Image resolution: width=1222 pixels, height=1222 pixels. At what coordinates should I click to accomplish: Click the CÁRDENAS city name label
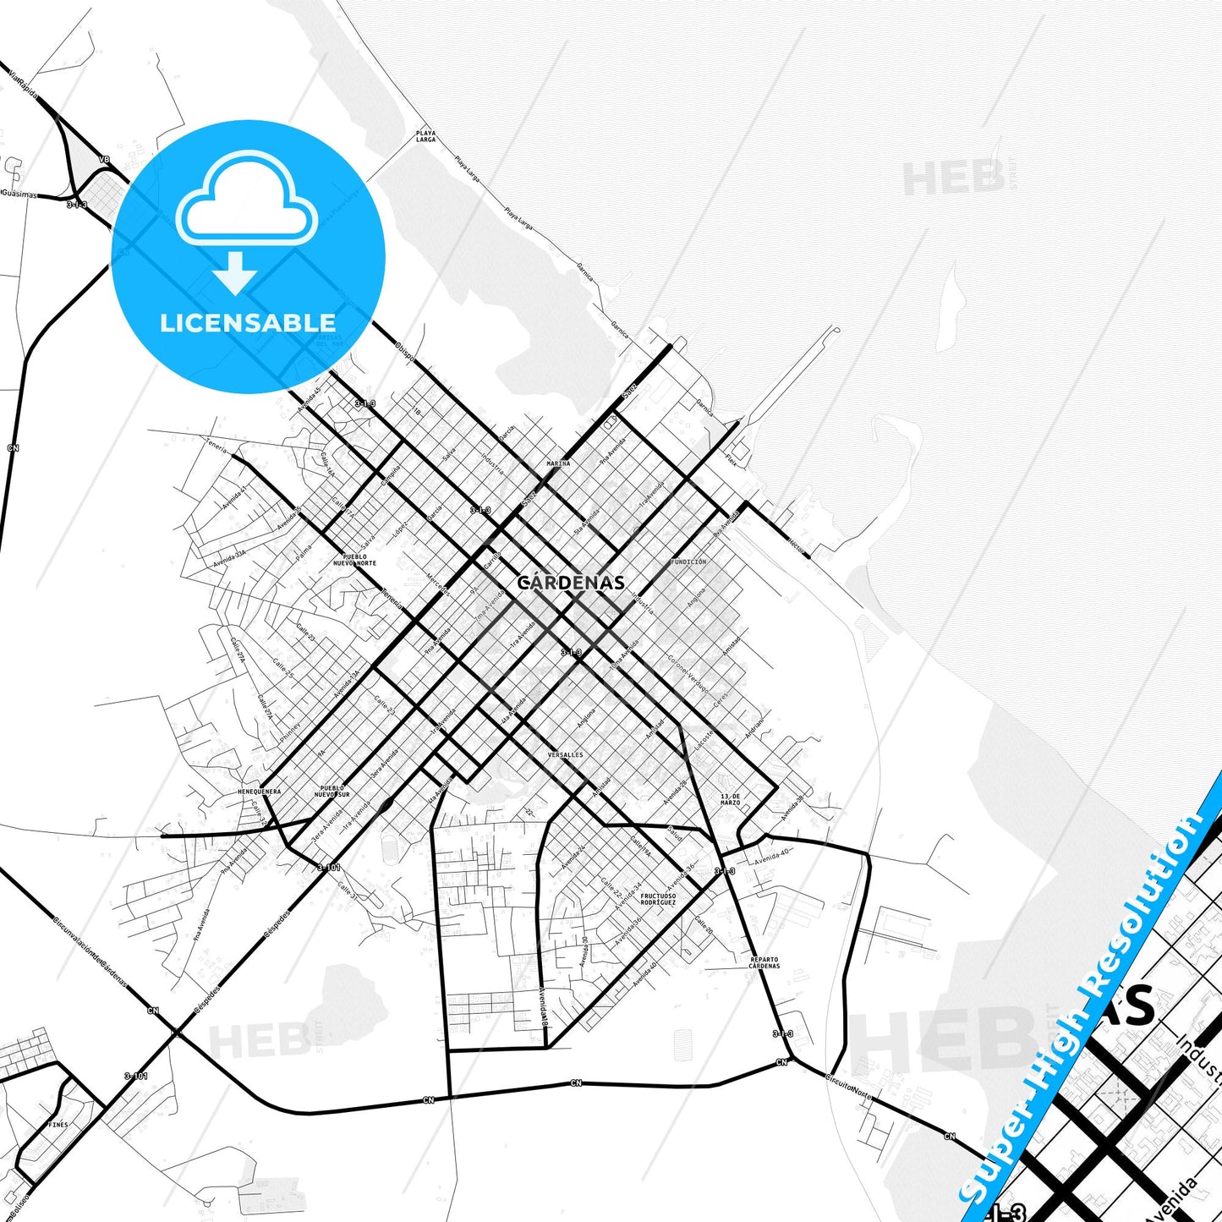(572, 583)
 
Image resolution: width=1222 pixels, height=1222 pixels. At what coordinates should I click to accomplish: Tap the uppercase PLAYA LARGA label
(425, 136)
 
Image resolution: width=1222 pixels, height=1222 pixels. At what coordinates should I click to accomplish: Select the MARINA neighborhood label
(558, 463)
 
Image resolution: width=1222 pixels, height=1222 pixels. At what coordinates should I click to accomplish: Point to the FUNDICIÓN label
(688, 562)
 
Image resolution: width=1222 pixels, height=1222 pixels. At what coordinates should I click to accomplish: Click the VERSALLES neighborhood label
(565, 754)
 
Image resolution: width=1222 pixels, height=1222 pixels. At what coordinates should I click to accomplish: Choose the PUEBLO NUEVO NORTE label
(354, 560)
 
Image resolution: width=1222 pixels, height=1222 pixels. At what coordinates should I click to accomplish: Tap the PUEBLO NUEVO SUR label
(332, 792)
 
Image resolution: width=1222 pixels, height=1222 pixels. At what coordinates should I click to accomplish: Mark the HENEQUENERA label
(259, 792)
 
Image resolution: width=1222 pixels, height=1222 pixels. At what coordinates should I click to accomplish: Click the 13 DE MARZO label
(730, 799)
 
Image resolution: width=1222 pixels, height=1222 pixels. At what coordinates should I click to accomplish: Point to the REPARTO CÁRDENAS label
(764, 962)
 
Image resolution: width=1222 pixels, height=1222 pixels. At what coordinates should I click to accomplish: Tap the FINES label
(58, 1125)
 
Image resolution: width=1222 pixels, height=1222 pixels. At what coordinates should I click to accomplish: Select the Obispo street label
(404, 351)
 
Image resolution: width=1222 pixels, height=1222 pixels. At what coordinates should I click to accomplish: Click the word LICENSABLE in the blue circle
(248, 322)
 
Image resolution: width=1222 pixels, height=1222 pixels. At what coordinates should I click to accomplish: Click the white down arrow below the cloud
(235, 271)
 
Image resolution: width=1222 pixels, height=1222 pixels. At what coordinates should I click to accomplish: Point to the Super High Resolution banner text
(1082, 998)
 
